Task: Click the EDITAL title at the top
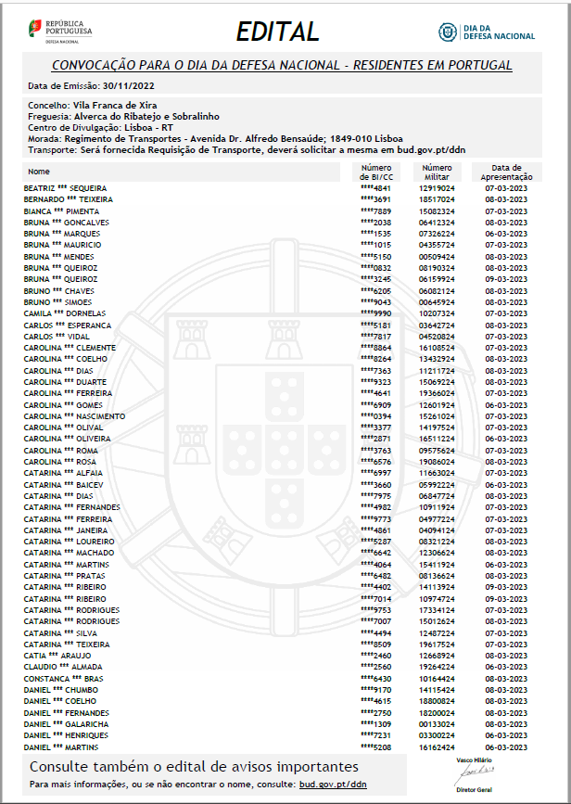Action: (x=277, y=31)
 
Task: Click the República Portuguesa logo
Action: (x=60, y=30)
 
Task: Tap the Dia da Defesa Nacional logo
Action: (x=487, y=32)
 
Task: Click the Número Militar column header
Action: (x=437, y=172)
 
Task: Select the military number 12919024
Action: (x=437, y=187)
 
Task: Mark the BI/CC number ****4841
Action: (x=376, y=187)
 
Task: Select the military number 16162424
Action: (x=437, y=747)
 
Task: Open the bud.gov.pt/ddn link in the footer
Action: (x=333, y=785)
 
